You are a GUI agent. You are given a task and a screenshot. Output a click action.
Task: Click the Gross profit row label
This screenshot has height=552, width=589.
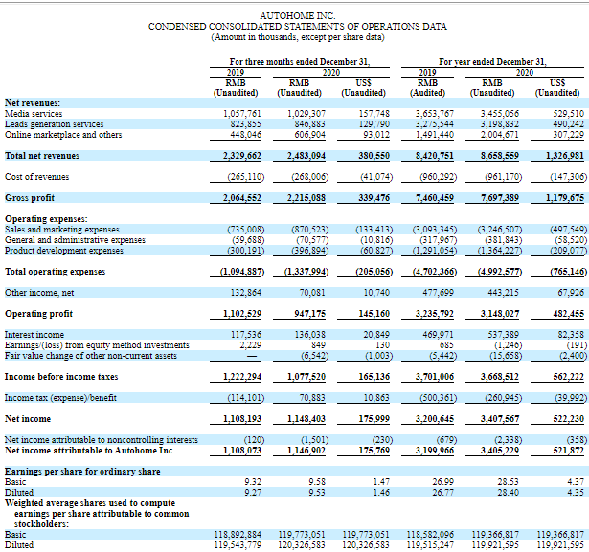pos(29,198)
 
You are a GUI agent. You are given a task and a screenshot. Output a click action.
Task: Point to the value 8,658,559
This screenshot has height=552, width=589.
pos(499,155)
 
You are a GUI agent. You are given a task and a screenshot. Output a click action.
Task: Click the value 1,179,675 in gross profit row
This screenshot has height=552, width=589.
pos(562,198)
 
